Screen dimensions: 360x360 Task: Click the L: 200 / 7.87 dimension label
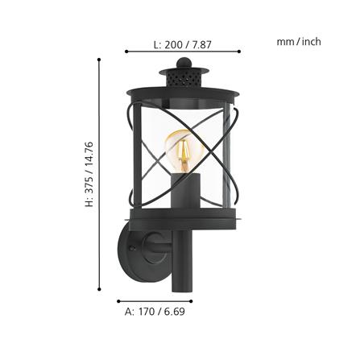point(183,44)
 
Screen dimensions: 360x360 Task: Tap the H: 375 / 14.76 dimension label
point(89,174)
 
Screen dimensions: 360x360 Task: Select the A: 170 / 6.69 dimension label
point(155,312)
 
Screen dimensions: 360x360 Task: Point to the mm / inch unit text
point(299,42)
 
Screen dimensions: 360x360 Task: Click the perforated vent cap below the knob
point(184,77)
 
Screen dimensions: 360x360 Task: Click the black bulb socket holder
point(186,190)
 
